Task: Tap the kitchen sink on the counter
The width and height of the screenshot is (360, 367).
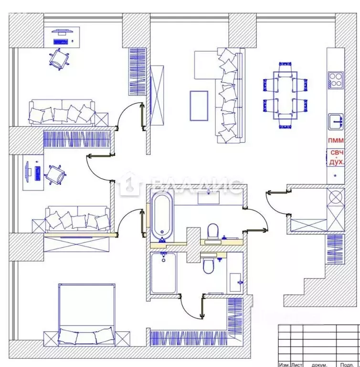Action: click(336, 121)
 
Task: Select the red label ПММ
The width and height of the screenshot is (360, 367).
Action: click(335, 141)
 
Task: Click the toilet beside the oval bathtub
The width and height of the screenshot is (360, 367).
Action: click(213, 231)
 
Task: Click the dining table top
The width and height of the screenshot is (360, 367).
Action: click(285, 96)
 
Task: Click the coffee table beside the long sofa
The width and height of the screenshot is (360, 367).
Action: click(198, 105)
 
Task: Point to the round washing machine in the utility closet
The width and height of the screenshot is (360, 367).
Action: click(336, 197)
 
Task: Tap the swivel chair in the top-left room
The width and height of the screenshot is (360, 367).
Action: click(60, 59)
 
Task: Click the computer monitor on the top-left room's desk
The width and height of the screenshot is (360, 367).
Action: click(61, 32)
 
